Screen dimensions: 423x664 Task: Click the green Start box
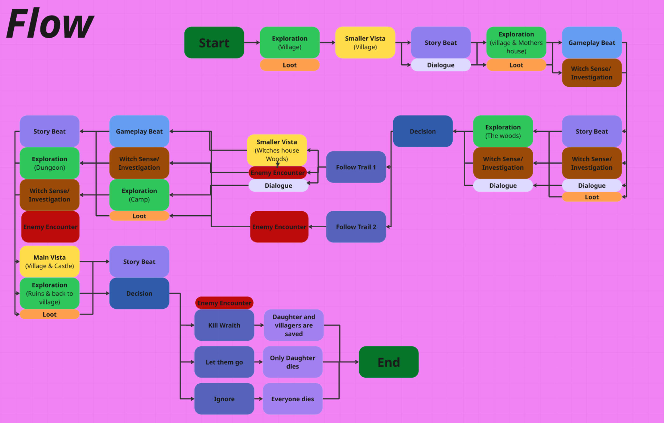point(214,42)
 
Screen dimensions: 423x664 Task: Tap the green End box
point(389,362)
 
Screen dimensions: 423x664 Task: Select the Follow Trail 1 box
point(356,167)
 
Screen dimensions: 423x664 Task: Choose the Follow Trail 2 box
point(356,227)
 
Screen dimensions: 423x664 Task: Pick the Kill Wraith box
point(224,325)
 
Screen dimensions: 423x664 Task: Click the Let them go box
point(224,362)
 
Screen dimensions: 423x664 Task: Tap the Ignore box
point(224,399)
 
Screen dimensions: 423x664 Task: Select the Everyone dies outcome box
point(292,399)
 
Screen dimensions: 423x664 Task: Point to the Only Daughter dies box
point(292,362)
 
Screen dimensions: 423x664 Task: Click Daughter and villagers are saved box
point(294,325)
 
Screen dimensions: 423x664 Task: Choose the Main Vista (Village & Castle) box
point(50,261)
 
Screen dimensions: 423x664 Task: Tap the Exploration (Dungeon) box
point(50,163)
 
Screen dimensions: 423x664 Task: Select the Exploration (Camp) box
point(139,195)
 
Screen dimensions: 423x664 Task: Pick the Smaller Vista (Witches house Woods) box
point(276,150)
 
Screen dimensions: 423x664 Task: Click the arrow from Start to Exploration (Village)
point(252,42)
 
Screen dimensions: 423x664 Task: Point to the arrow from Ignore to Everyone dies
point(258,399)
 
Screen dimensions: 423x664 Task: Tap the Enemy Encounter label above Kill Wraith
point(224,303)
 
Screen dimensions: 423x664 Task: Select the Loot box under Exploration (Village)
point(290,65)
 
